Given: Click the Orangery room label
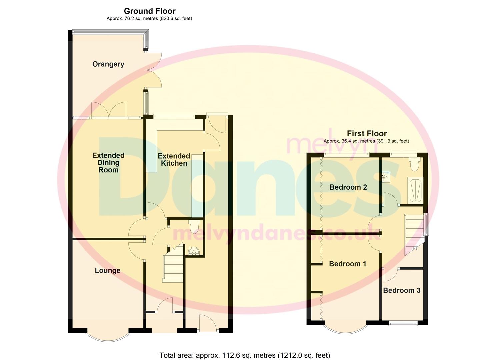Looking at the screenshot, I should (x=108, y=64).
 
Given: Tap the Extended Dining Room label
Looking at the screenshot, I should (x=108, y=163).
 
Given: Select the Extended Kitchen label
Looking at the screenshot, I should (x=174, y=160).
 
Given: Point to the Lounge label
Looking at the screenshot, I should (x=107, y=270).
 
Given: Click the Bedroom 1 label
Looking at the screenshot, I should (x=347, y=264).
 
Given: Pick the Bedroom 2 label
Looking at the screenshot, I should (x=348, y=187).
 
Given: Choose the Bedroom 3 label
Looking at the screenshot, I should (x=401, y=290).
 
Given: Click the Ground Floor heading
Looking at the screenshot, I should (x=150, y=11).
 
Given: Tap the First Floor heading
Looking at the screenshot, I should (x=367, y=134).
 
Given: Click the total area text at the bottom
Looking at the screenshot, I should (x=245, y=355).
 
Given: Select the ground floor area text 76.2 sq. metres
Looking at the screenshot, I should (x=149, y=19).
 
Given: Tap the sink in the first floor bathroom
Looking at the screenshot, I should (x=387, y=176).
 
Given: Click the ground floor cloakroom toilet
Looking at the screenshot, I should (x=194, y=226).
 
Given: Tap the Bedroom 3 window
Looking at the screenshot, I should (x=403, y=323).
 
